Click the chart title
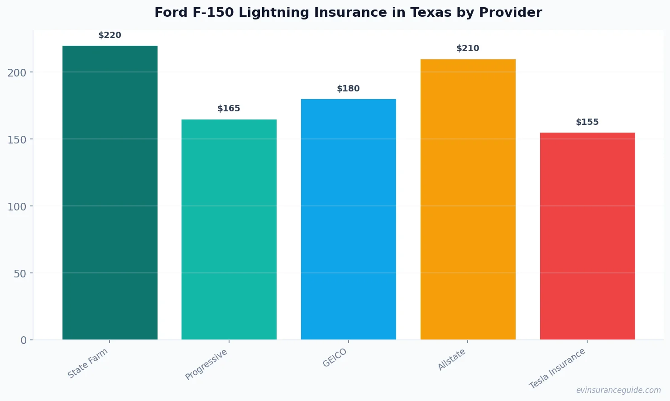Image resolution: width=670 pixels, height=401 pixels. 348,13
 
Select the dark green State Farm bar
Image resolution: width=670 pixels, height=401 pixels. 110,192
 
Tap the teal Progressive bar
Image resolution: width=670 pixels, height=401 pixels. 229,229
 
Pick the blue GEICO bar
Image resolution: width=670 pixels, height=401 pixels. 349,219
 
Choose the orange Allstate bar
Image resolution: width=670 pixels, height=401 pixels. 468,199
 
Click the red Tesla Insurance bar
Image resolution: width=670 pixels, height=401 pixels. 587,236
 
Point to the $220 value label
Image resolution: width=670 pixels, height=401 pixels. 110,35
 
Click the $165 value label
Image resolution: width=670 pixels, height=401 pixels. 229,109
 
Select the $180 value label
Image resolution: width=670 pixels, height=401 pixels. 349,89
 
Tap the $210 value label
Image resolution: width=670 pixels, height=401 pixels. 468,48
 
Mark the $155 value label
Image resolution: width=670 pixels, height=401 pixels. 587,122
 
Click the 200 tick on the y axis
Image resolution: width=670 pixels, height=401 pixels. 17,72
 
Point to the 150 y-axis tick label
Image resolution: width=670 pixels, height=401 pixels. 17,139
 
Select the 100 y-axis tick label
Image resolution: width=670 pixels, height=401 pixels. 17,206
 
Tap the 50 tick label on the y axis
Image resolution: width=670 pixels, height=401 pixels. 20,273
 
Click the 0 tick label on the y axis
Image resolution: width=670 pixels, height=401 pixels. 24,340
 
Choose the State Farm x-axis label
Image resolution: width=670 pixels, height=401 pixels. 88,363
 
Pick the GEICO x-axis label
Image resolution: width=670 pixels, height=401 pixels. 335,358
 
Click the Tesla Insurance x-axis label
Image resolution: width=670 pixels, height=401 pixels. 557,368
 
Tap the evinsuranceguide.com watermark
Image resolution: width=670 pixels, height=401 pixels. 618,390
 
